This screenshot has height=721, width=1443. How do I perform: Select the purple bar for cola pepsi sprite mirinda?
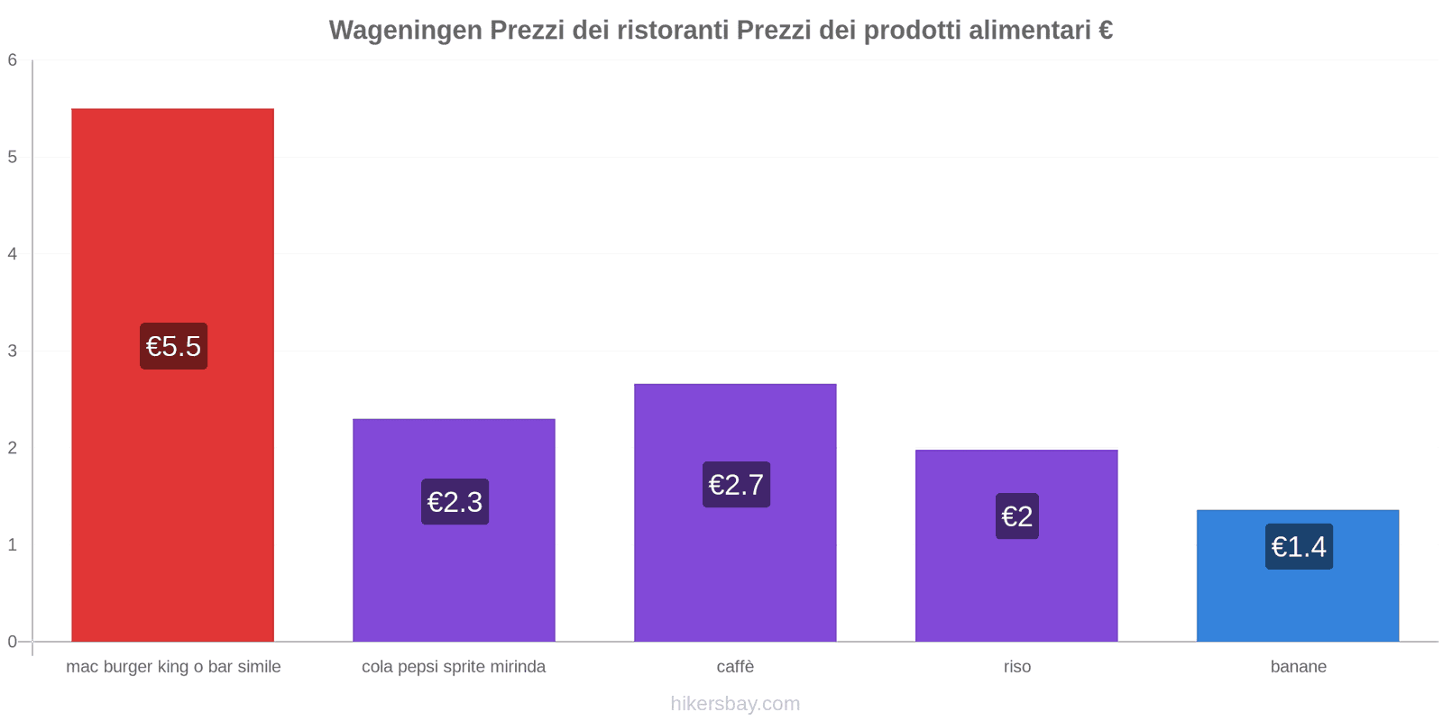(x=454, y=577)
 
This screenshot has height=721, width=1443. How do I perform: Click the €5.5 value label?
(x=173, y=346)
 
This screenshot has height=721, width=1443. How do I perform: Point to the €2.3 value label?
(x=455, y=502)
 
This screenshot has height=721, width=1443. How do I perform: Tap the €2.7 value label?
(x=736, y=485)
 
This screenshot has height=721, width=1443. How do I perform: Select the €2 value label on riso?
(x=1016, y=516)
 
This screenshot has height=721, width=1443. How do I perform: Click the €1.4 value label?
(x=1299, y=547)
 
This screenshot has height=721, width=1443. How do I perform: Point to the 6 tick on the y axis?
(x=13, y=60)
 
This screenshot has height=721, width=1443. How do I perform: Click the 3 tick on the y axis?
(x=13, y=351)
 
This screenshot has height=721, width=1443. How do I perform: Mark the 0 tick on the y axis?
(x=13, y=642)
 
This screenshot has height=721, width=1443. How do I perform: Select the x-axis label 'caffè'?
(x=735, y=667)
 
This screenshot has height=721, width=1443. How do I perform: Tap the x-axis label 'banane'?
(x=1298, y=667)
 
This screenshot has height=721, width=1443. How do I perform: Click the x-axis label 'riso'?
(x=1016, y=667)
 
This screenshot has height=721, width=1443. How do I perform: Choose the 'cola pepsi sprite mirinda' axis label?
(x=454, y=667)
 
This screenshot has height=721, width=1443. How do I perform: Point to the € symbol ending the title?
(x=1106, y=31)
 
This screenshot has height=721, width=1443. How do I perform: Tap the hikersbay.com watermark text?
(x=735, y=704)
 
